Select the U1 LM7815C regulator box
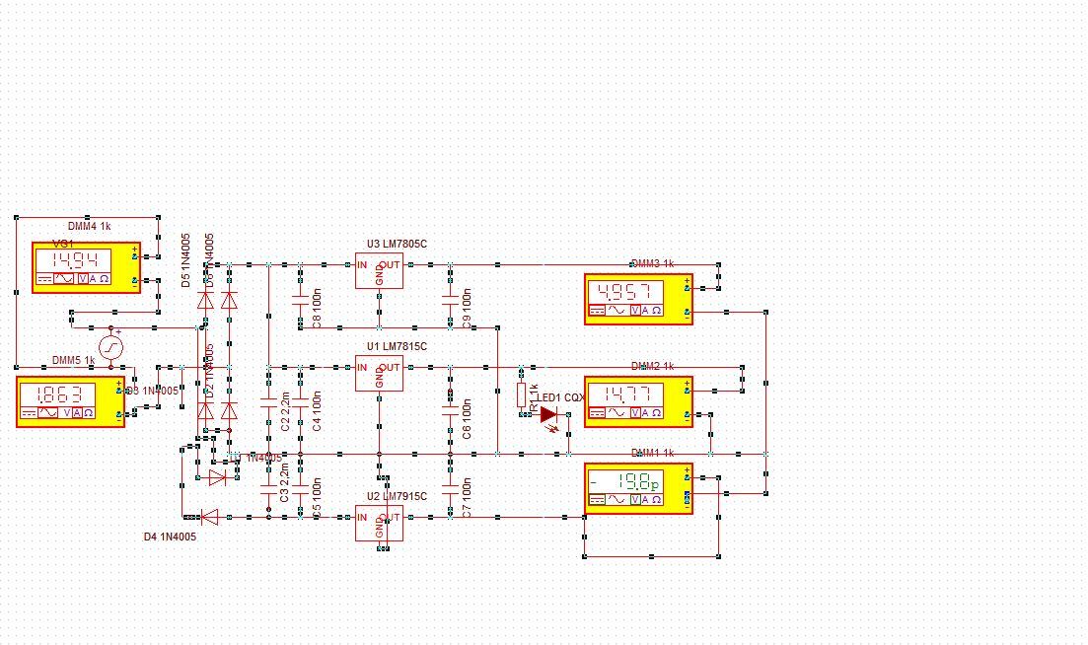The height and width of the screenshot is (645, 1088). tap(379, 373)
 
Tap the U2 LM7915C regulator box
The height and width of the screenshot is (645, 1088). tap(379, 522)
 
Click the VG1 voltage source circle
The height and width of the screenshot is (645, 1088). tap(110, 347)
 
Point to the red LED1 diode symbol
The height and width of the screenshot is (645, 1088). tap(548, 414)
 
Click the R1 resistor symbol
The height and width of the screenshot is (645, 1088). tap(522, 394)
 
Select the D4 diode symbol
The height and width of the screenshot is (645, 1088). tap(210, 516)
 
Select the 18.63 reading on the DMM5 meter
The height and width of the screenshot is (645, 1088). tap(55, 395)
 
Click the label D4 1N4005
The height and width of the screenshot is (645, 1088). tap(170, 537)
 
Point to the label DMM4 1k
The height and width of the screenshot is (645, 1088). tap(89, 227)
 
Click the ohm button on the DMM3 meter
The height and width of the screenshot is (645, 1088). tap(657, 311)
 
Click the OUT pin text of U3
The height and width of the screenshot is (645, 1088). tap(392, 264)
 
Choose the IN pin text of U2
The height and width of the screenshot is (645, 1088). tap(362, 517)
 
